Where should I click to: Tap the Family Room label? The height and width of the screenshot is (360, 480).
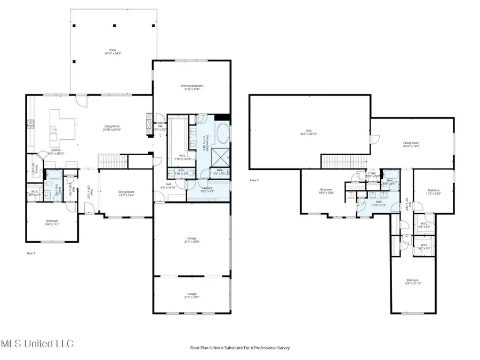[x=411, y=145]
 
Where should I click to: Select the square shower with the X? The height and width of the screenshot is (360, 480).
[x=219, y=157]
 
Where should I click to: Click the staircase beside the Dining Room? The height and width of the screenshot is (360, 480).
[x=114, y=159]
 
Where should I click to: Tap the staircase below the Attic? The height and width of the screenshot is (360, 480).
[x=343, y=161]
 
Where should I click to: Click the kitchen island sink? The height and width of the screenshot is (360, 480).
[x=54, y=129]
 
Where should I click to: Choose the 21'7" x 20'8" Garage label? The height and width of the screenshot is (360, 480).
[x=191, y=240]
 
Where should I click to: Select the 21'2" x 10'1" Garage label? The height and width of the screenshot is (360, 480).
[x=191, y=295]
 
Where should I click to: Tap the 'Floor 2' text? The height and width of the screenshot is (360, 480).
[x=254, y=181]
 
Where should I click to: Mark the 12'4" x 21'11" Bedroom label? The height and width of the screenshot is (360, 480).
[x=413, y=282]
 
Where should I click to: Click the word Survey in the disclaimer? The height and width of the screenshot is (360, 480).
[x=282, y=348]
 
